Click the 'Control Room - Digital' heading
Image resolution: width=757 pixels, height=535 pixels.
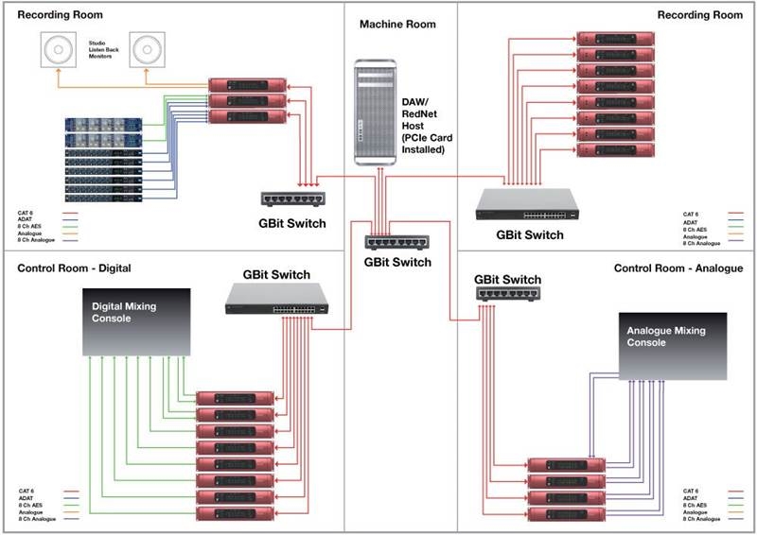click(74, 268)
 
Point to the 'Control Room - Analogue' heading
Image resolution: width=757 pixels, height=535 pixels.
click(678, 268)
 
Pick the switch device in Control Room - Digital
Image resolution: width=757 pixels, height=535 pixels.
click(275, 301)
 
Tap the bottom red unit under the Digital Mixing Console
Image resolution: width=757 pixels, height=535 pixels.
click(234, 512)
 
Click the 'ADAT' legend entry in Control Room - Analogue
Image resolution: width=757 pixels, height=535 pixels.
click(691, 498)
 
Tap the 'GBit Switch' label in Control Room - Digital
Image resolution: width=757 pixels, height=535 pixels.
click(275, 275)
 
